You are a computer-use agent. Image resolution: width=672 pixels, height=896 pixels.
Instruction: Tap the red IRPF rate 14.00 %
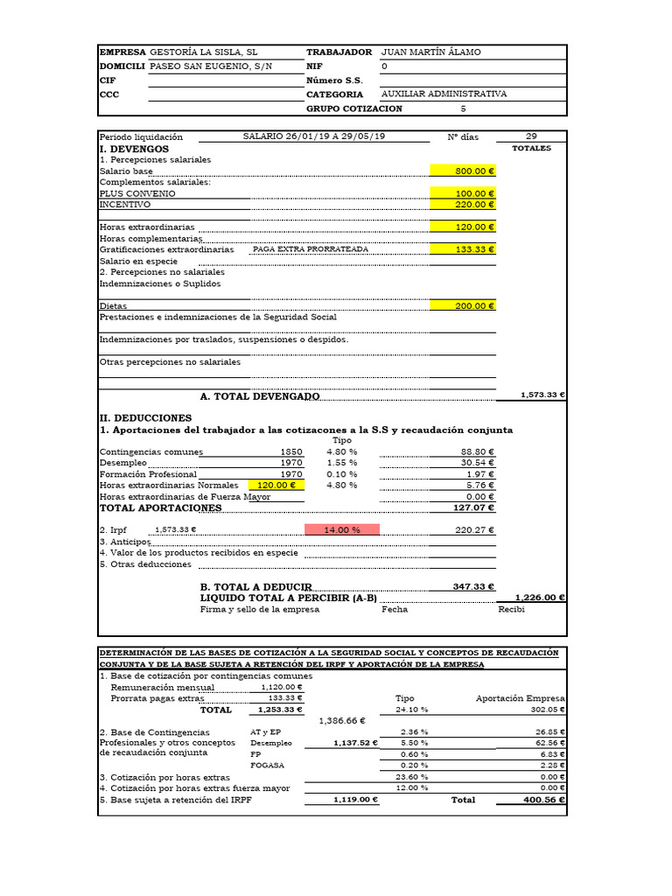[342, 529]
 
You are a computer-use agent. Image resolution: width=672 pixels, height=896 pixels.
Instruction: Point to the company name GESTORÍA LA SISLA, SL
[204, 52]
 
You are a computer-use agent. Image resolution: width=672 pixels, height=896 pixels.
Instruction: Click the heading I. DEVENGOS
[134, 150]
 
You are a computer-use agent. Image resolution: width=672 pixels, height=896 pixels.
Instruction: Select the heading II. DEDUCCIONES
[145, 418]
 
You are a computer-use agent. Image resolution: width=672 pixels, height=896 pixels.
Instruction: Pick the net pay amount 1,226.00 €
[540, 598]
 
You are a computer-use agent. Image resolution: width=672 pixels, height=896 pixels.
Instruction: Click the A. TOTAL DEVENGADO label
[260, 396]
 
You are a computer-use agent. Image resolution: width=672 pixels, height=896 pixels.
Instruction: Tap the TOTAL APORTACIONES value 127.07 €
[473, 507]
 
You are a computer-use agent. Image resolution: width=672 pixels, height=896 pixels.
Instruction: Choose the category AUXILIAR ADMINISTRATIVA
[444, 94]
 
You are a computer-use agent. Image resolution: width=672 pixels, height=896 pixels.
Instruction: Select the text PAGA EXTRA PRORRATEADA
[311, 249]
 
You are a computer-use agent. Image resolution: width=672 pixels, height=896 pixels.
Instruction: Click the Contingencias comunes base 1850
[290, 452]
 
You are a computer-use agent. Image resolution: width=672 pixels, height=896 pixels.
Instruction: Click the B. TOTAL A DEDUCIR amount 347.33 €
[473, 586]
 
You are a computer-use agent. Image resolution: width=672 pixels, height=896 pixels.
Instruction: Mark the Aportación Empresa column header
[520, 698]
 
